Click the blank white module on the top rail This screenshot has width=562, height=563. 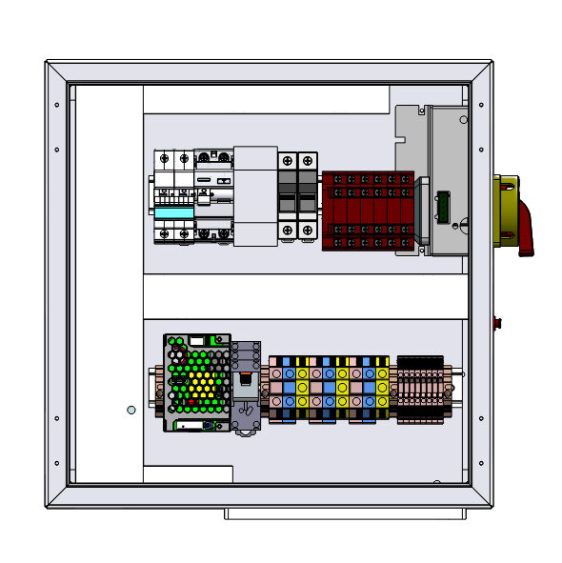[254, 196]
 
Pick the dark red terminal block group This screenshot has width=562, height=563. [368, 211]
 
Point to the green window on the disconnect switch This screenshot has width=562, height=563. [442, 209]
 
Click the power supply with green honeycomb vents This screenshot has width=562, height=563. [196, 382]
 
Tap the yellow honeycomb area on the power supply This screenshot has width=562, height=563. [201, 386]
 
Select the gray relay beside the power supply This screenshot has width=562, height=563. [247, 386]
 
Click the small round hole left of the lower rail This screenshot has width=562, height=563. [131, 410]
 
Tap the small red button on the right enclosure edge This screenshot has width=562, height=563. [496, 321]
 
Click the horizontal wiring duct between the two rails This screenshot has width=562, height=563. [305, 295]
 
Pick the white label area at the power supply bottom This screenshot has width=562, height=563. [197, 426]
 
